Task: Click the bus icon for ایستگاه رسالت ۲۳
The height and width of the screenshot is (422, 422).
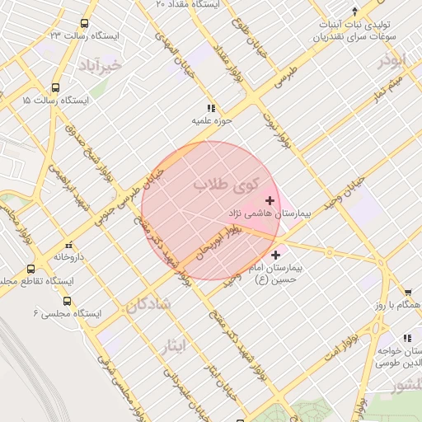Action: pyautogui.click(x=85, y=25)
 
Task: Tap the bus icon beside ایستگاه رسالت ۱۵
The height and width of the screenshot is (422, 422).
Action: pyautogui.click(x=55, y=87)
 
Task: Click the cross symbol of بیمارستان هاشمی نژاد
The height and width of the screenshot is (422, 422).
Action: pyautogui.click(x=270, y=200)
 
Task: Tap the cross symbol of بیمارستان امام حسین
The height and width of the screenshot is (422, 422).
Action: pyautogui.click(x=275, y=256)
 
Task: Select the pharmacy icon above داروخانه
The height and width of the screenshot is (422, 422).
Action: pyautogui.click(x=68, y=245)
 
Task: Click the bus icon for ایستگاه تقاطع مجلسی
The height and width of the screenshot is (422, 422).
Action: pyautogui.click(x=31, y=269)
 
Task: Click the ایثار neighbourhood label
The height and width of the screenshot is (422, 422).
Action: pyautogui.click(x=194, y=346)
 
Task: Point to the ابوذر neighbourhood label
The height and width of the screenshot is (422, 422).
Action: pyautogui.click(x=392, y=61)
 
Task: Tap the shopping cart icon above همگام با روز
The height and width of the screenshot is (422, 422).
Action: pyautogui.click(x=408, y=292)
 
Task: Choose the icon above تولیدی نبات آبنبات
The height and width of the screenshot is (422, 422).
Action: pyautogui.click(x=354, y=12)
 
